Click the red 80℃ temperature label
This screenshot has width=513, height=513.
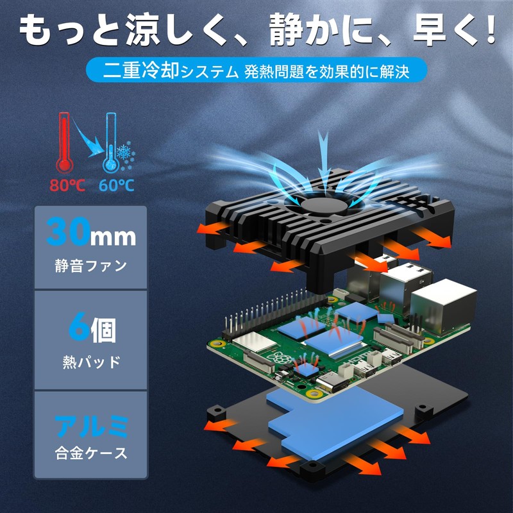click(67, 185)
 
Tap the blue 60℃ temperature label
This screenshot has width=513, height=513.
click(117, 185)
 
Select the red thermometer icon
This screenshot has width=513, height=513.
click(64, 142)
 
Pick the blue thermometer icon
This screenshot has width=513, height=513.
click(110, 142)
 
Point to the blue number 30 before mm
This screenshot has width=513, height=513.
click(68, 232)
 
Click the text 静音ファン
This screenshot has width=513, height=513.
click(90, 265)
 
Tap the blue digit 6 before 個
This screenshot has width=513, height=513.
click(78, 326)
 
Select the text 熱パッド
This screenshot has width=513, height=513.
click(92, 362)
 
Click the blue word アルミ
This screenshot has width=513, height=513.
click(91, 426)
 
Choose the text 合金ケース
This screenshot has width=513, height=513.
click(91, 453)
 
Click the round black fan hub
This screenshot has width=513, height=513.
click(324, 206)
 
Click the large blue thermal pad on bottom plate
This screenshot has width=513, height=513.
click(334, 422)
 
